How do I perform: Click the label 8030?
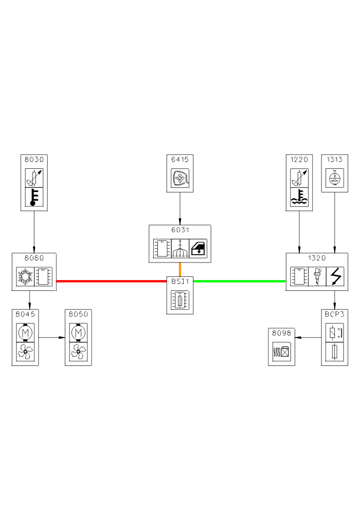(x=34, y=159)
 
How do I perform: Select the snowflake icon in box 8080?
(x=25, y=276)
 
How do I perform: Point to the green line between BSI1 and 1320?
(x=239, y=281)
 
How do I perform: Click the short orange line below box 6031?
(x=180, y=269)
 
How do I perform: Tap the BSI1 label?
(x=180, y=281)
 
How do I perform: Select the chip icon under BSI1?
(x=180, y=300)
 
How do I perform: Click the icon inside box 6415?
(x=180, y=179)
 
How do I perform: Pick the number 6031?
(x=180, y=230)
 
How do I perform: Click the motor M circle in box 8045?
(x=25, y=332)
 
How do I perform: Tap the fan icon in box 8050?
(x=78, y=352)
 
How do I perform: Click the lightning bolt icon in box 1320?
(x=335, y=276)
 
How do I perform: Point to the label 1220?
(x=299, y=159)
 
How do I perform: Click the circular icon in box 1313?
(x=335, y=179)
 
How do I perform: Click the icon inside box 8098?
(x=281, y=353)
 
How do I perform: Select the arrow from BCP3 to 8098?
(x=309, y=338)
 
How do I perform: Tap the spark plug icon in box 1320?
(x=317, y=276)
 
